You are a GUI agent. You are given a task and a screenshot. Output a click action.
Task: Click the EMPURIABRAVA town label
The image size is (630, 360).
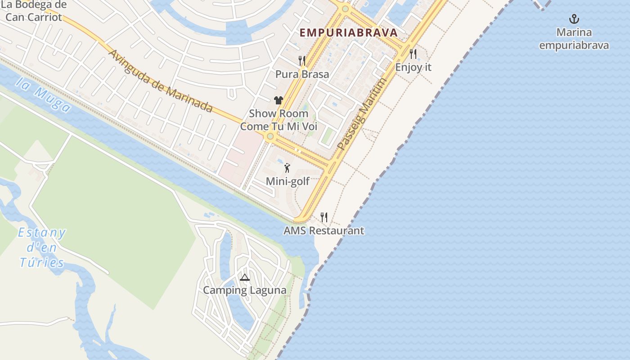(349, 33)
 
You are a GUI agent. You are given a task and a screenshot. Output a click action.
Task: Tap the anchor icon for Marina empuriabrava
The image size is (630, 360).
(574, 19)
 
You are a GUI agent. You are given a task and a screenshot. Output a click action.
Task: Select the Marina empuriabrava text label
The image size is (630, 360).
(574, 39)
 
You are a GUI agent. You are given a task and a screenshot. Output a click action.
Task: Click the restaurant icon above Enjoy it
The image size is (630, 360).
(413, 54)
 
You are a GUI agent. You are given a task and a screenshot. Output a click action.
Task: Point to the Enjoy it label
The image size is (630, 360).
(413, 67)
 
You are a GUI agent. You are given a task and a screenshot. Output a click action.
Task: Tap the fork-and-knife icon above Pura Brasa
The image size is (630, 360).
(302, 60)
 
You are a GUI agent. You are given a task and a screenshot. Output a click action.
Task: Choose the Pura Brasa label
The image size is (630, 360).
(302, 74)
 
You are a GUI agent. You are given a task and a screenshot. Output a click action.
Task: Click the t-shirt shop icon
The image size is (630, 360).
(279, 100)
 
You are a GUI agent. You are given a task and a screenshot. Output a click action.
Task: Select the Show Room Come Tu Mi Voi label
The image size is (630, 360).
(279, 120)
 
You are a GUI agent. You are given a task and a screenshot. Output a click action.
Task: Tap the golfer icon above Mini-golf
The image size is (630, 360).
(287, 168)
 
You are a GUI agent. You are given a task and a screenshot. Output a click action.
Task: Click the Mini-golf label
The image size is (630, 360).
(288, 181)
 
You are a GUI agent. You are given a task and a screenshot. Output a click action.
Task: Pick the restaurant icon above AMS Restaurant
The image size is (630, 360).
(324, 217)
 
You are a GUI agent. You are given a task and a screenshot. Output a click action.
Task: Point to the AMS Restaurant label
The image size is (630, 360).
(324, 231)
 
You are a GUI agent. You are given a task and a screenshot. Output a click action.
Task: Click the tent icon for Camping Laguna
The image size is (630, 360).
(244, 277)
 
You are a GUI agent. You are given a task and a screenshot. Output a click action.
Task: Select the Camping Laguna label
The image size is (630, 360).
(244, 290)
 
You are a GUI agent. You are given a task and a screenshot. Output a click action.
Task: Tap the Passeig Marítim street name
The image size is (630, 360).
(362, 114)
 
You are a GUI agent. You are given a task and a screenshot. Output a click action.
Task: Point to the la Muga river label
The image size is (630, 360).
(43, 94)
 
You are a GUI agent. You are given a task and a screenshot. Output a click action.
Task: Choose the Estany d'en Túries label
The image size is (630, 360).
(42, 247)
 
